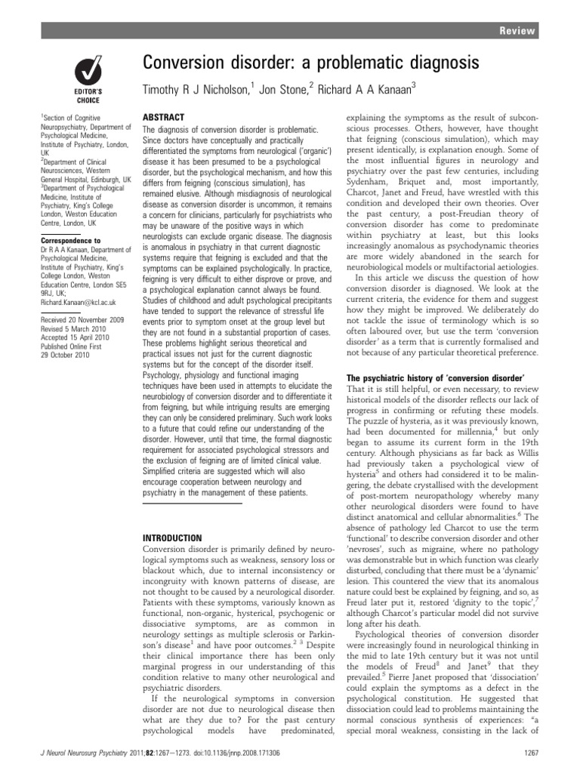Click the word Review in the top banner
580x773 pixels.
(518, 31)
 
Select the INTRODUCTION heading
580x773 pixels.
(174, 537)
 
